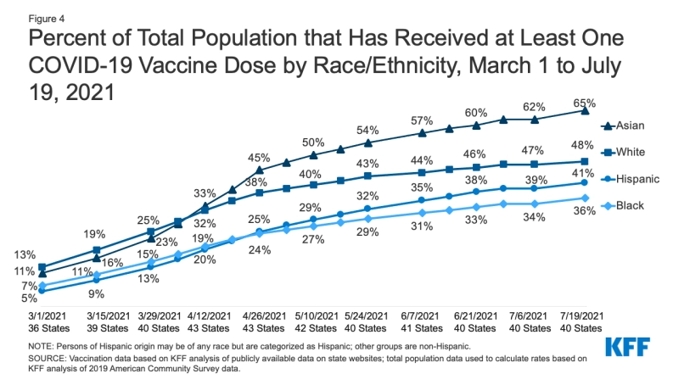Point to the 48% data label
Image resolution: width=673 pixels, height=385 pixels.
[585, 145]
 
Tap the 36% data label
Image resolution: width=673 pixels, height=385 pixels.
[585, 213]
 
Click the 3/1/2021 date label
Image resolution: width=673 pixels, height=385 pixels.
[41, 315]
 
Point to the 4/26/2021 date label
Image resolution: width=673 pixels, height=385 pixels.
[258, 315]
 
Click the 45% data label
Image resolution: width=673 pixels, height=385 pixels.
[258, 157]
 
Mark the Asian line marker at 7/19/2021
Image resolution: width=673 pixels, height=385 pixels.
[585, 110]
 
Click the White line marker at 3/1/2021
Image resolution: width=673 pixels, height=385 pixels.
[42, 267]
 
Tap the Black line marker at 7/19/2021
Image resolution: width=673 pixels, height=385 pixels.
[585, 198]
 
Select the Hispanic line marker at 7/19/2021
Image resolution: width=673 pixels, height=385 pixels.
[585, 182]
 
